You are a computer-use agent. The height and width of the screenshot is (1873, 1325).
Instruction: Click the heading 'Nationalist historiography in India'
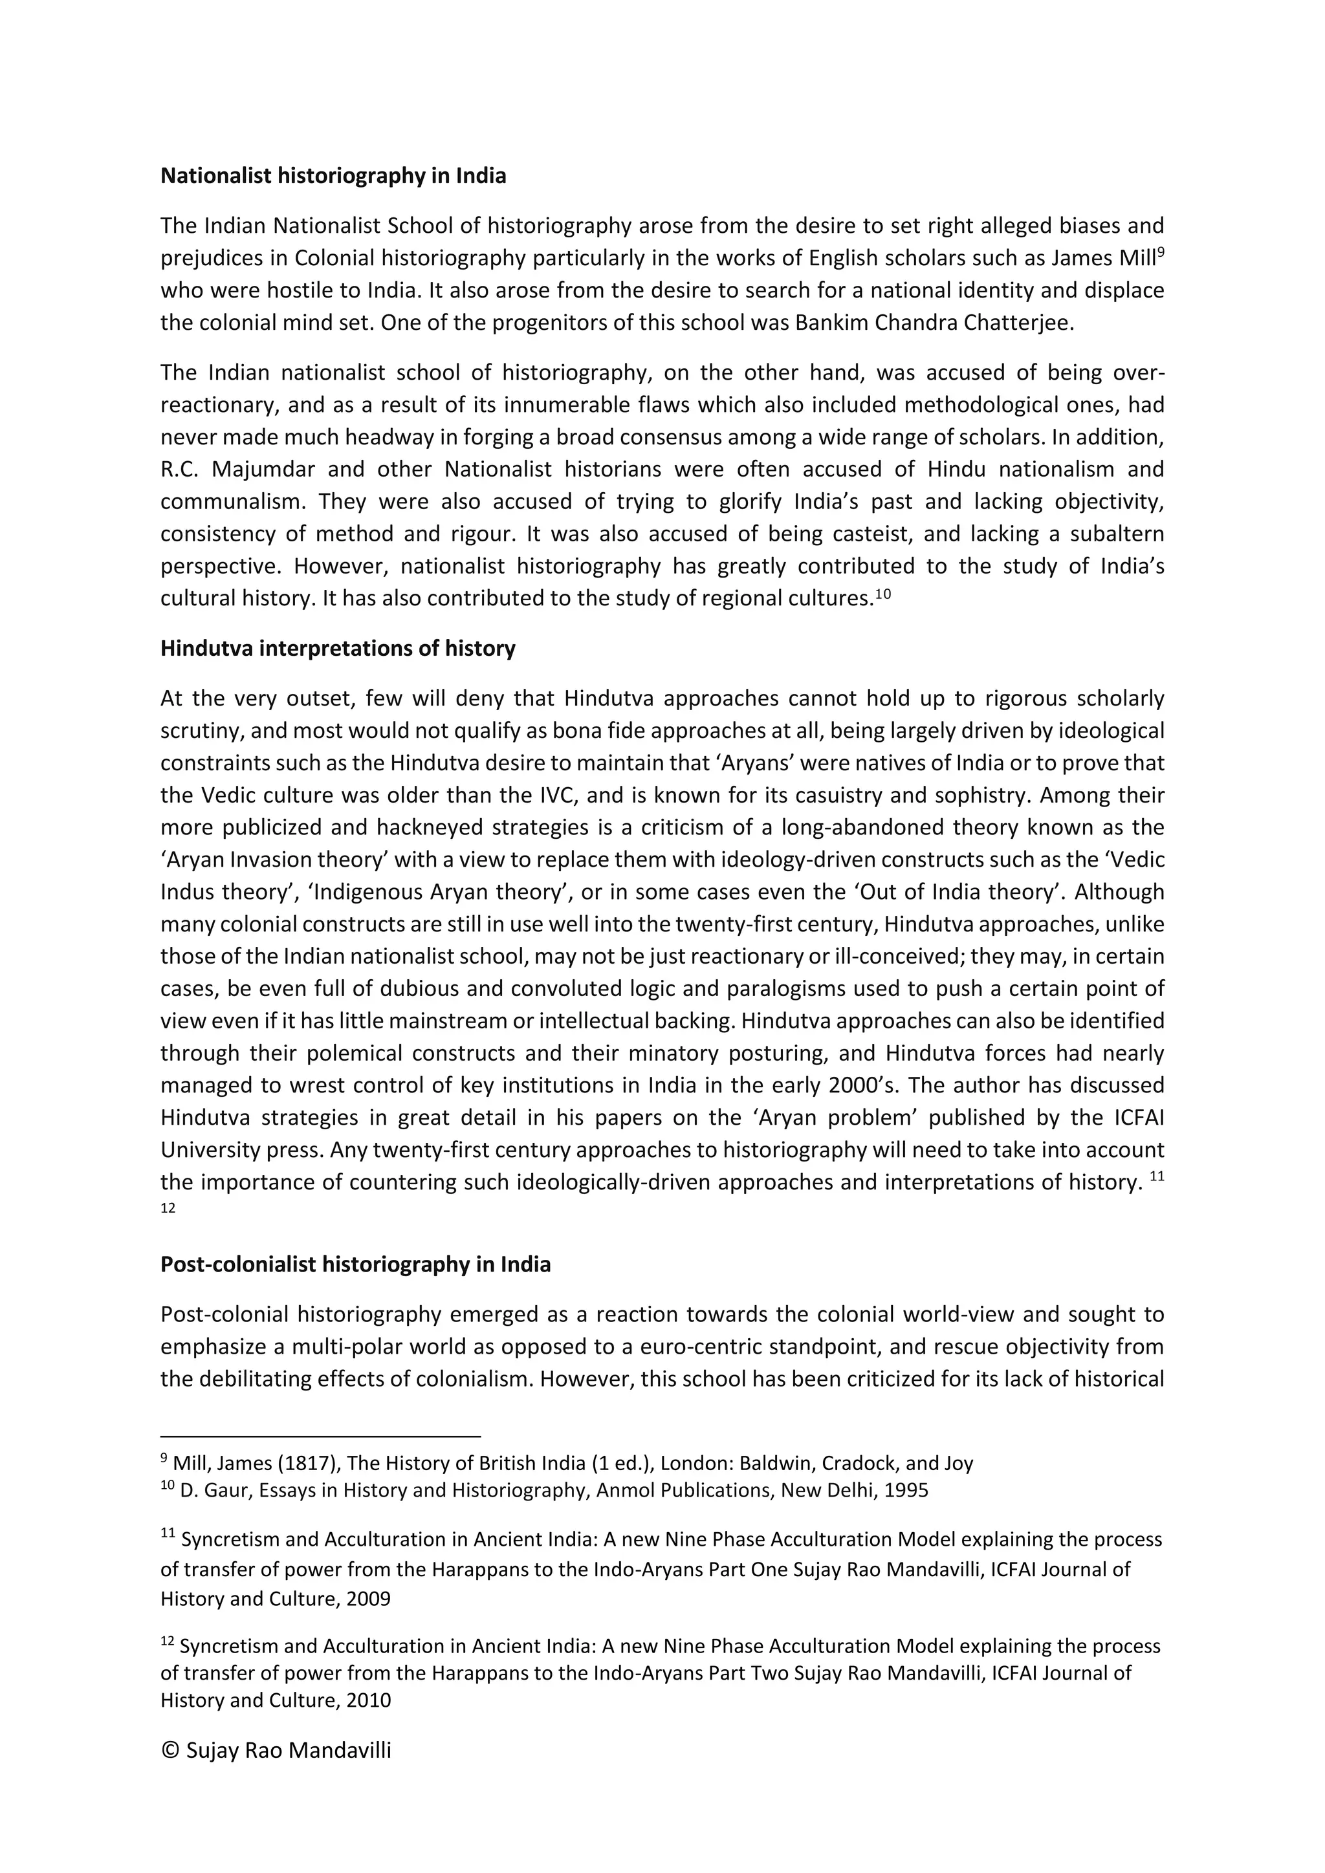(x=333, y=175)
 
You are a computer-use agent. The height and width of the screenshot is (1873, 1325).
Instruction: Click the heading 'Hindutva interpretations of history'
(x=338, y=649)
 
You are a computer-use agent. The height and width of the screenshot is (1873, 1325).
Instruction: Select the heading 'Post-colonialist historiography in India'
(x=355, y=1264)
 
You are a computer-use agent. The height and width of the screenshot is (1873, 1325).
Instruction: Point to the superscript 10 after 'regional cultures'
(x=882, y=593)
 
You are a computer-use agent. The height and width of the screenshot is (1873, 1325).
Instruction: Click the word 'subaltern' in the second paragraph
(x=1117, y=534)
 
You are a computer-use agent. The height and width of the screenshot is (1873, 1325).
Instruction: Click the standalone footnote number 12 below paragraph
(x=168, y=1209)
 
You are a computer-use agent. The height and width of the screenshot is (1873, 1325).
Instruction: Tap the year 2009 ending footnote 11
(x=368, y=1598)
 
